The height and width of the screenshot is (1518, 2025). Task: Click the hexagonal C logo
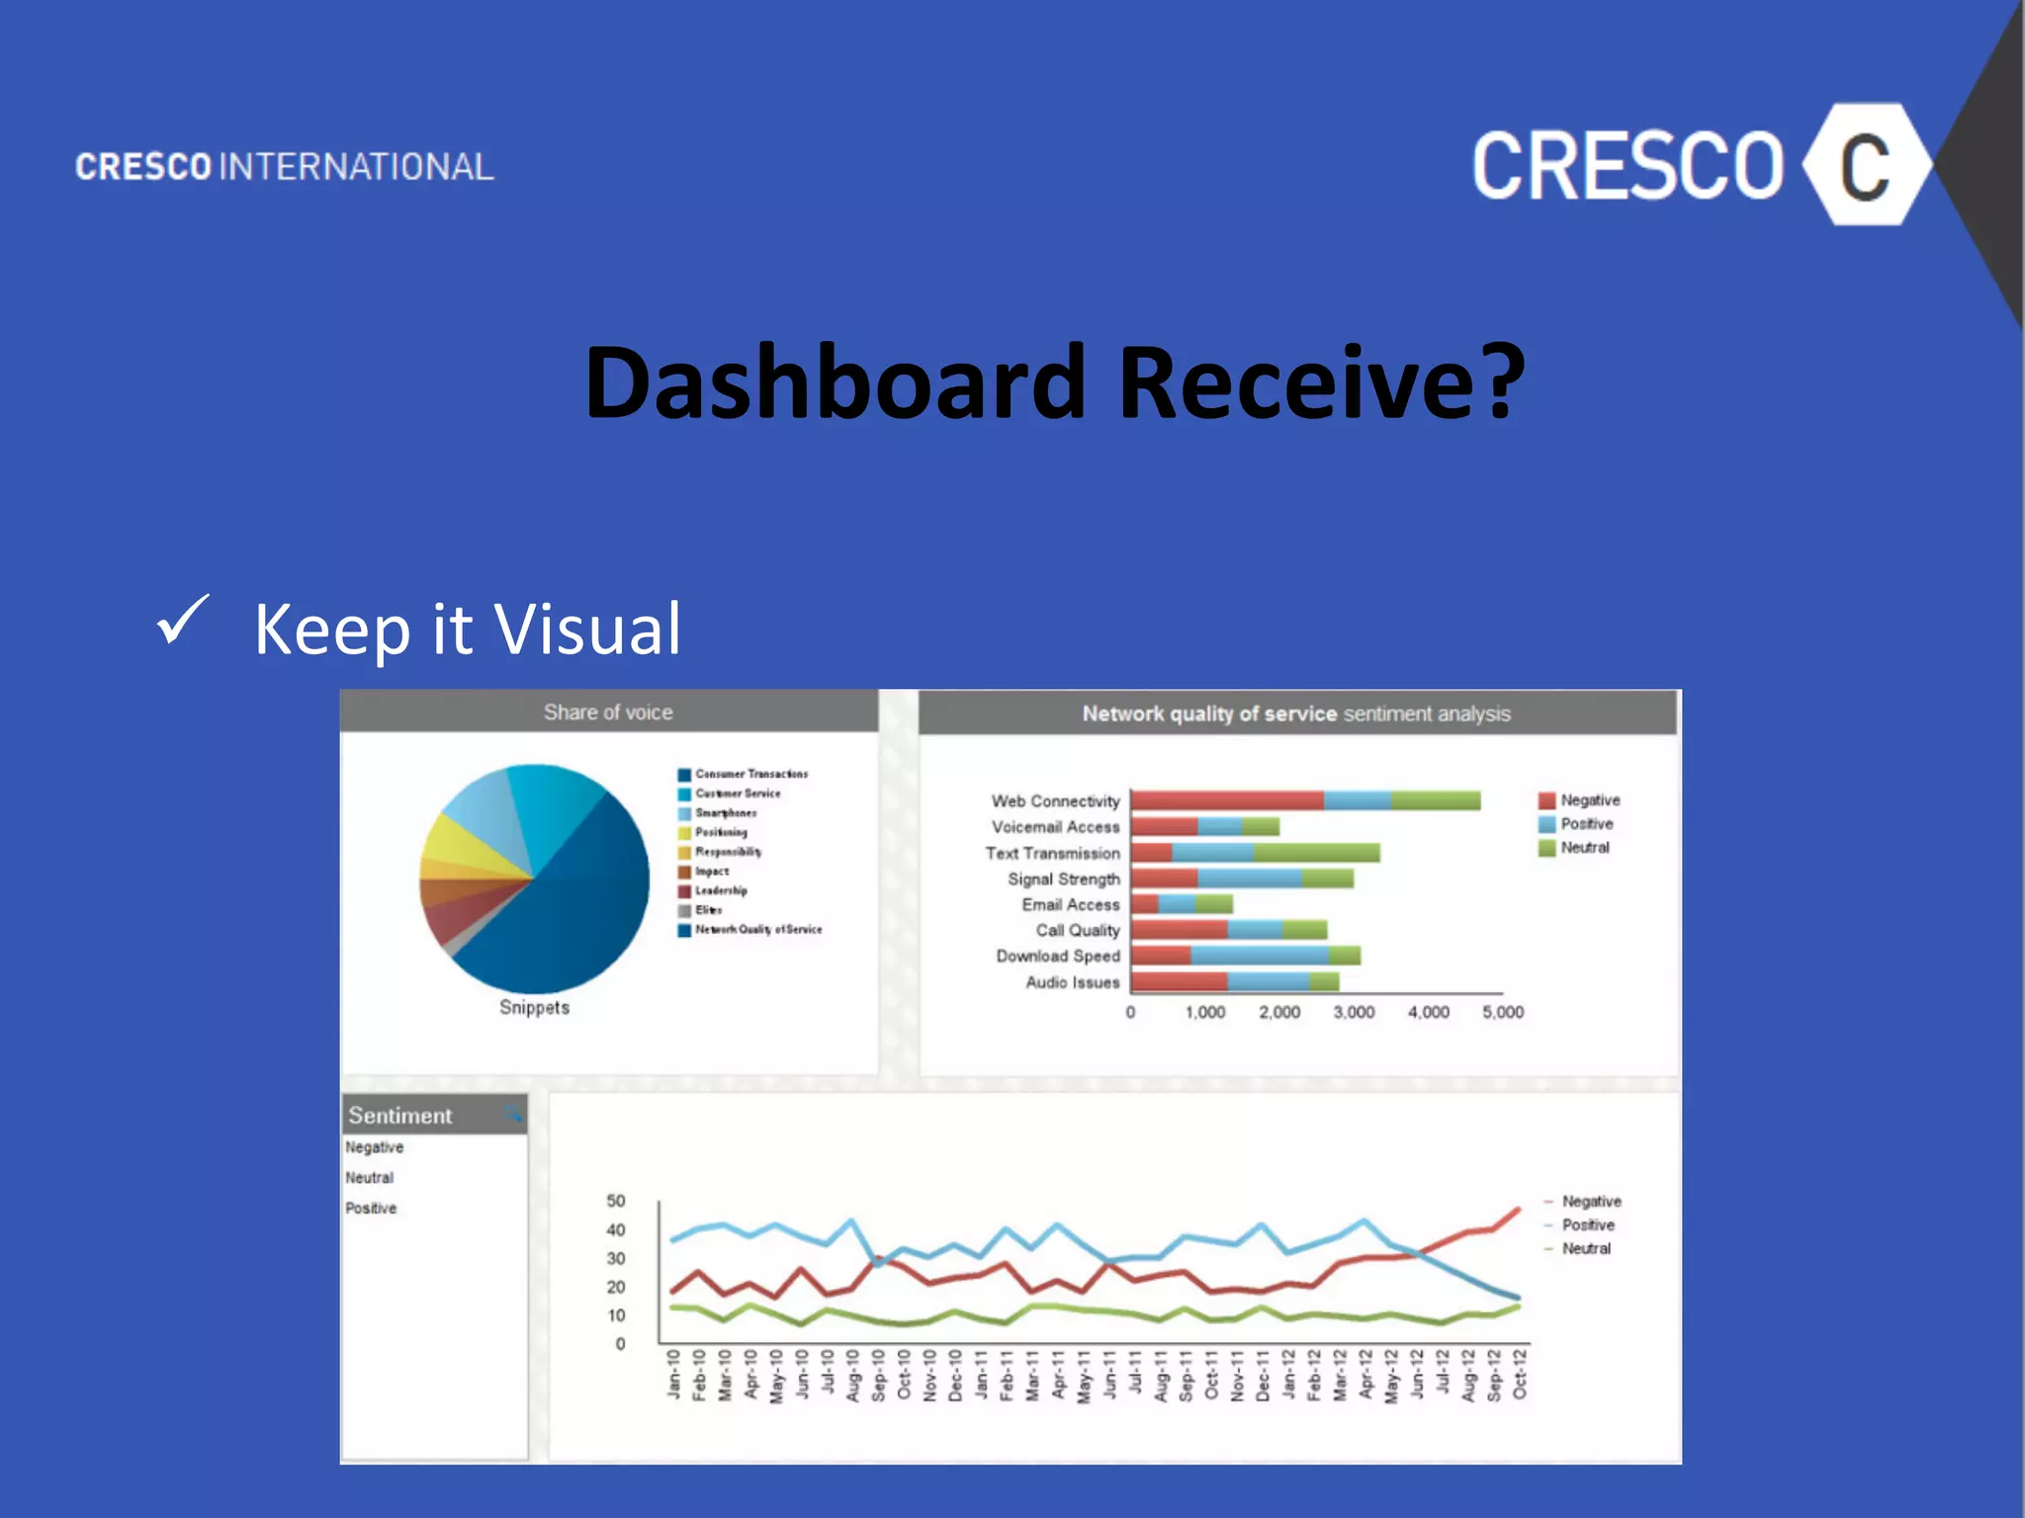[x=1866, y=165]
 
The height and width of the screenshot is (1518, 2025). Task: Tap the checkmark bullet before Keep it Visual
[x=182, y=621]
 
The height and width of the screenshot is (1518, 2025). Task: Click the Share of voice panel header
[x=608, y=712]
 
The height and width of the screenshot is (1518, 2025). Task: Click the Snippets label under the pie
[x=534, y=1007]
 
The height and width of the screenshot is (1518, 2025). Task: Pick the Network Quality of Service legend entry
[x=757, y=930]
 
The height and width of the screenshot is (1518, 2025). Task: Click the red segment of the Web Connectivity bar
[x=1226, y=801]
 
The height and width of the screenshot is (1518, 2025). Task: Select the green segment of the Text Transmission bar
[x=1316, y=853]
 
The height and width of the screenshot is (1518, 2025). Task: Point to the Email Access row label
[x=1070, y=904]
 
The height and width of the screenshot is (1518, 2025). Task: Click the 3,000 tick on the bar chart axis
[x=1354, y=1012]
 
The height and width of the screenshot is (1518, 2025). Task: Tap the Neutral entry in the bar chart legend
[x=1584, y=848]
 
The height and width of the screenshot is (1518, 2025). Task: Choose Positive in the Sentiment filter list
[x=371, y=1208]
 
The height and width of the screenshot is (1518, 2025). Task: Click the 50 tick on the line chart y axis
[x=616, y=1201]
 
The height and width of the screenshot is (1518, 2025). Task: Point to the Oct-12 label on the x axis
[x=1520, y=1374]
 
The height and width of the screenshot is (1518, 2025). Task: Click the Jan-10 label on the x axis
[x=673, y=1374]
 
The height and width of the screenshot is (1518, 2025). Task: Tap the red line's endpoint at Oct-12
[x=1519, y=1208]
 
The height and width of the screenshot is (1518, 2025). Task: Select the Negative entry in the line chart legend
[x=1590, y=1201]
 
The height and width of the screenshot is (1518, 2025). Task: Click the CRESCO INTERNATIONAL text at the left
[x=285, y=166]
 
